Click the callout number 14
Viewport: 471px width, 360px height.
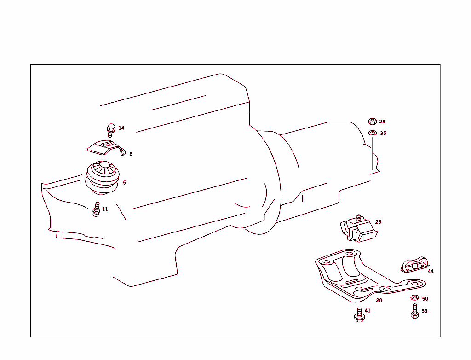coord(121,128)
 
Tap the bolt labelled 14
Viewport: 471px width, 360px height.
coord(110,129)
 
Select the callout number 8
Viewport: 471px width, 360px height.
coord(131,154)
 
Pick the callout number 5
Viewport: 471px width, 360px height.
coord(125,183)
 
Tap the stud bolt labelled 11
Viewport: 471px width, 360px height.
coord(97,209)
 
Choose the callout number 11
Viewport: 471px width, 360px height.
coord(105,209)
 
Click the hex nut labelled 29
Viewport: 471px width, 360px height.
coord(373,122)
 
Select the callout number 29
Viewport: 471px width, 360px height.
coord(383,122)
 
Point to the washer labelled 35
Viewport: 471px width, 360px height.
coord(373,133)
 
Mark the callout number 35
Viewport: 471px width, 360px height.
coord(383,133)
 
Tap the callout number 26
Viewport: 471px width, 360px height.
coord(378,222)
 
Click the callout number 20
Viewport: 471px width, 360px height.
coord(379,300)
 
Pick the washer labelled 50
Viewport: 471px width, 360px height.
coord(414,298)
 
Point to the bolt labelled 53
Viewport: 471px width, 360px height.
coord(414,311)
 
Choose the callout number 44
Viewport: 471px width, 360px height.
coord(431,271)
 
